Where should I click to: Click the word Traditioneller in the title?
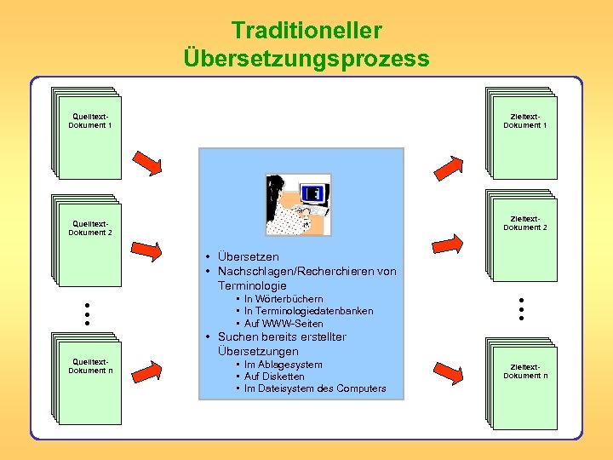click(306, 31)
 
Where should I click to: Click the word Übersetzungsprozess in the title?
click(306, 59)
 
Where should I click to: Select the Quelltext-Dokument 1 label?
click(89, 121)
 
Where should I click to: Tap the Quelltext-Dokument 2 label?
click(89, 228)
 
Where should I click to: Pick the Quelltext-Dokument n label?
click(89, 366)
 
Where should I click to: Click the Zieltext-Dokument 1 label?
click(524, 121)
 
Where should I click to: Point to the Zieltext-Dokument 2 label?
click(524, 223)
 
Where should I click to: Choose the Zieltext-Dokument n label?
click(524, 371)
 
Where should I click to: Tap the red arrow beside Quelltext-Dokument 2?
click(147, 250)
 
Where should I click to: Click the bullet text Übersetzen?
click(248, 256)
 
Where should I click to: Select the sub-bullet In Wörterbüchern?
click(284, 299)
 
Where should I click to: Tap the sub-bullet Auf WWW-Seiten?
click(284, 324)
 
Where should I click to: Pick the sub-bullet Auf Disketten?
click(274, 377)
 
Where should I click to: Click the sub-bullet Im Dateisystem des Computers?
click(315, 388)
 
